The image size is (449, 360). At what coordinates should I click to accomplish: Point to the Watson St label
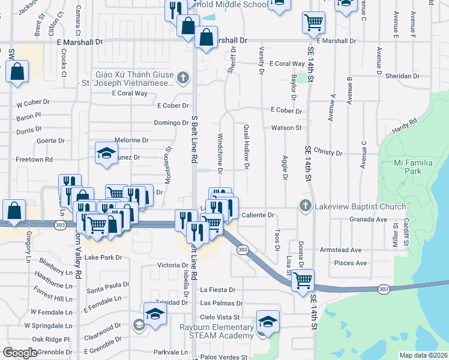(286, 128)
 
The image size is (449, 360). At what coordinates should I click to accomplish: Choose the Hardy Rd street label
(405, 127)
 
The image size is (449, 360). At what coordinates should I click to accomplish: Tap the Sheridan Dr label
(403, 76)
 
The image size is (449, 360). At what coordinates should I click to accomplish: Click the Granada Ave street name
(368, 220)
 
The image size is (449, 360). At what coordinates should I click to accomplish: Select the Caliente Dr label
(258, 215)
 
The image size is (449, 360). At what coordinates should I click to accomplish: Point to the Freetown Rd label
(34, 160)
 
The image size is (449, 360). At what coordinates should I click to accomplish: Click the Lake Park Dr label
(103, 257)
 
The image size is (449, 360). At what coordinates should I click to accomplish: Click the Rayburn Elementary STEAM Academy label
(208, 332)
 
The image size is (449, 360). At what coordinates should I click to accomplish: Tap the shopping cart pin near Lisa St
(303, 279)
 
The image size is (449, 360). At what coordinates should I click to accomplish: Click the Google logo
(20, 353)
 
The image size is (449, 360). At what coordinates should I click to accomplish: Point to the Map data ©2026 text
(423, 355)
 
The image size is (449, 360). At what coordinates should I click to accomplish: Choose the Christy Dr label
(327, 153)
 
